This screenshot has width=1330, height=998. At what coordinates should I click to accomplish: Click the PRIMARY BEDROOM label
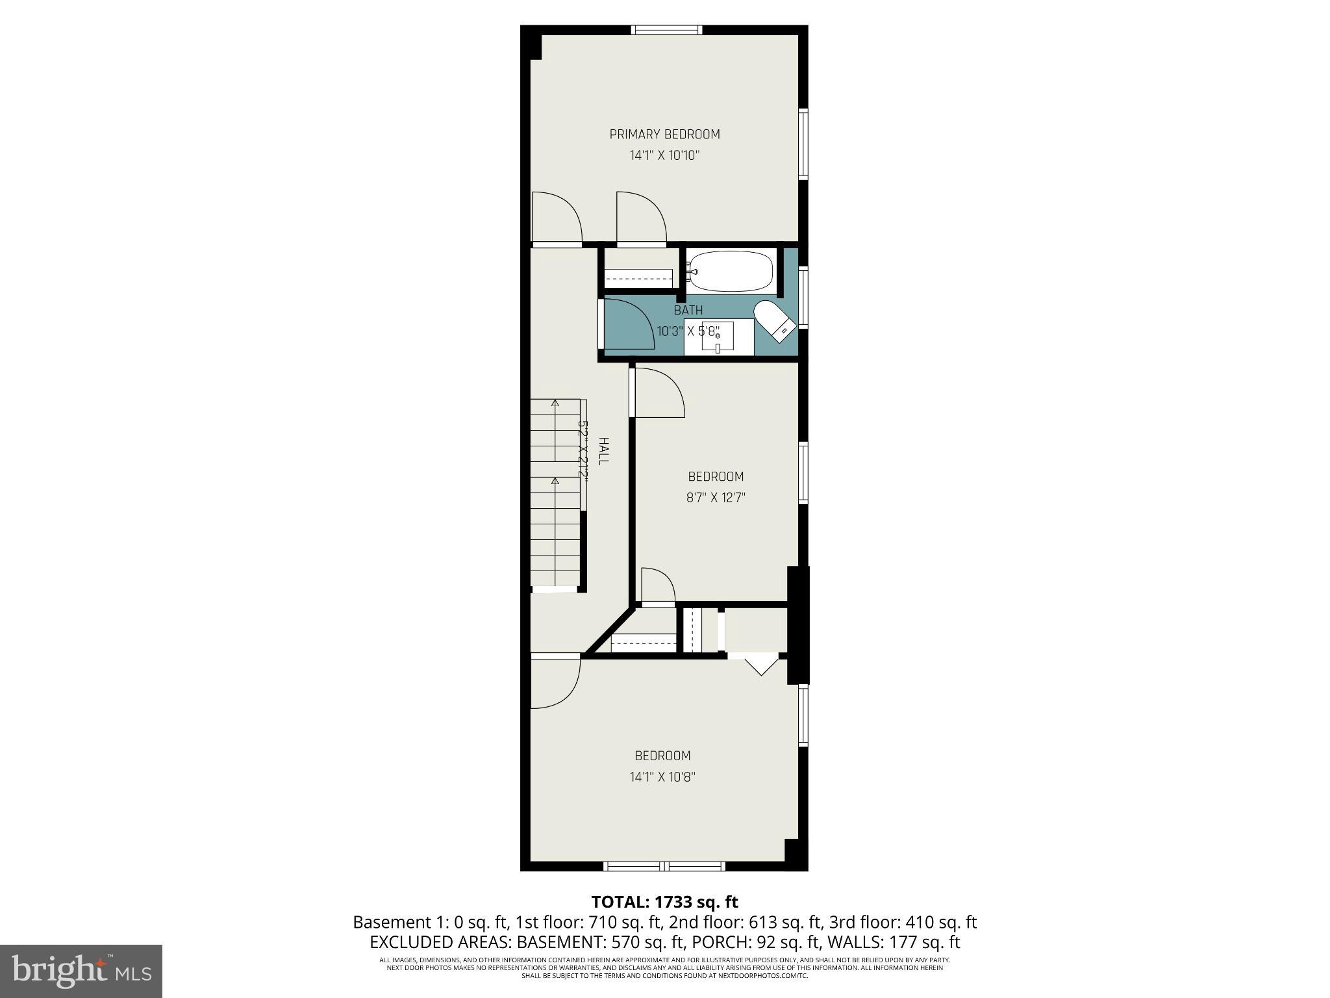[664, 134]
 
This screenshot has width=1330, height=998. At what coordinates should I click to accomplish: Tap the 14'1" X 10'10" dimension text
[664, 156]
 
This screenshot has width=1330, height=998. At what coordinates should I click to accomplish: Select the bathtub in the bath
[731, 272]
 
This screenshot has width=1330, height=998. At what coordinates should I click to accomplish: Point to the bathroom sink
[718, 337]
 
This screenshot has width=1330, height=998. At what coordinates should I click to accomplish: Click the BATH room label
[688, 311]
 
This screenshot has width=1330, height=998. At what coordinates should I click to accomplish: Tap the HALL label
[603, 450]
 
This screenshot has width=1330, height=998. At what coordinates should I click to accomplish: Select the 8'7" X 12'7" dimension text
[716, 498]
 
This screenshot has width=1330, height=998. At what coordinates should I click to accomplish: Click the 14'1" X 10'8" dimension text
[662, 777]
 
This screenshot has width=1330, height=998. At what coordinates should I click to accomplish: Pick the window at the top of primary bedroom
[666, 29]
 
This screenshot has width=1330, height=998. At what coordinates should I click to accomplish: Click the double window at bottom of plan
[664, 866]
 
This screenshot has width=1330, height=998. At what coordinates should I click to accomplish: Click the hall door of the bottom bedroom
[554, 682]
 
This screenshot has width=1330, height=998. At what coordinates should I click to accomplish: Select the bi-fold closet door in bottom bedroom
[760, 664]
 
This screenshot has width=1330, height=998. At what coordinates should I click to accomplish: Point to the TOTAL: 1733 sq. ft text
[664, 902]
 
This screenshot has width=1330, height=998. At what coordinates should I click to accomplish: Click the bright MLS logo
[81, 971]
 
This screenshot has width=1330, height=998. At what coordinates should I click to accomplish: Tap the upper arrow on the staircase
[555, 404]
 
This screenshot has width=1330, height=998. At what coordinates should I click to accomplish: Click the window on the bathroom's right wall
[803, 296]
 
